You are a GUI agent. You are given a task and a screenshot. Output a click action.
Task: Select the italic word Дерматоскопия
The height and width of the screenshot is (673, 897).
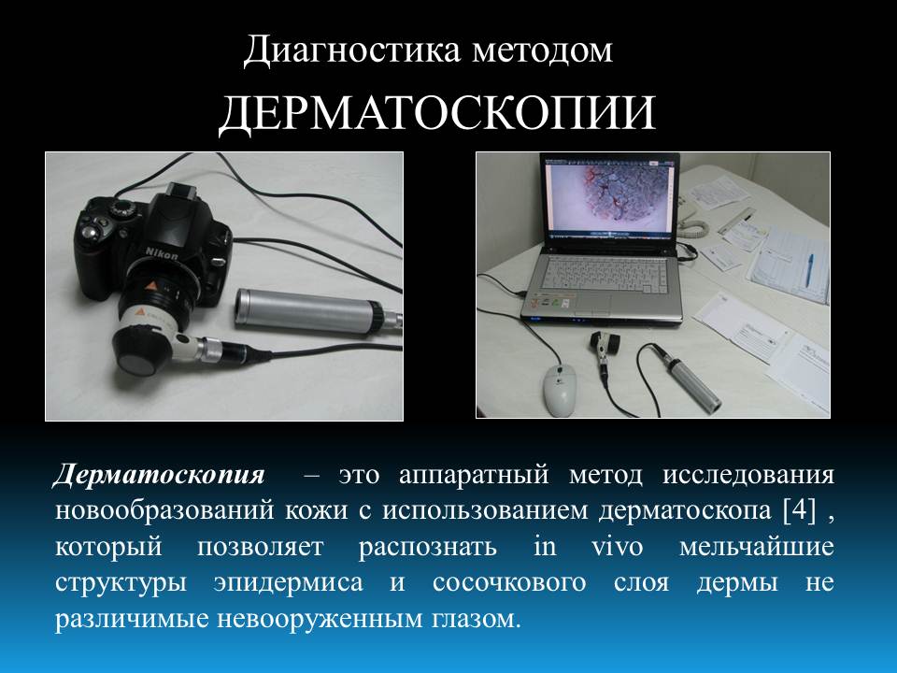tap(159, 475)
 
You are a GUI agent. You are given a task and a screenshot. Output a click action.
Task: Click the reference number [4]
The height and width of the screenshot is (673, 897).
tap(799, 510)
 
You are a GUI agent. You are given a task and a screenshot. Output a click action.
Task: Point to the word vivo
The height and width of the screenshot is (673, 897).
tap(617, 547)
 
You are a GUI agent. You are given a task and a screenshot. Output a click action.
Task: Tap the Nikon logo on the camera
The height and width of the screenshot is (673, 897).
tap(162, 253)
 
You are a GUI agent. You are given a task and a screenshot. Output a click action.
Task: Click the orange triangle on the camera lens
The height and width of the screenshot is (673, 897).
tap(152, 286)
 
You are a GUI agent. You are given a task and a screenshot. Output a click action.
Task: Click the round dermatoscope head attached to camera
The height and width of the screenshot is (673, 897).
tap(135, 354)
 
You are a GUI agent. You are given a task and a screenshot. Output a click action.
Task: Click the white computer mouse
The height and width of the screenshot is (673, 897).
tap(559, 391)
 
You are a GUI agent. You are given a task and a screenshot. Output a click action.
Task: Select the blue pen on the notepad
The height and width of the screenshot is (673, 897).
tap(809, 269)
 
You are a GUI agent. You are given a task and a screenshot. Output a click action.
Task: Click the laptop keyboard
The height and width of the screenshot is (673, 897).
tap(607, 272)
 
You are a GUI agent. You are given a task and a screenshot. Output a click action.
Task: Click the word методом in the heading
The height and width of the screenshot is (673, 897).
tap(542, 51)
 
